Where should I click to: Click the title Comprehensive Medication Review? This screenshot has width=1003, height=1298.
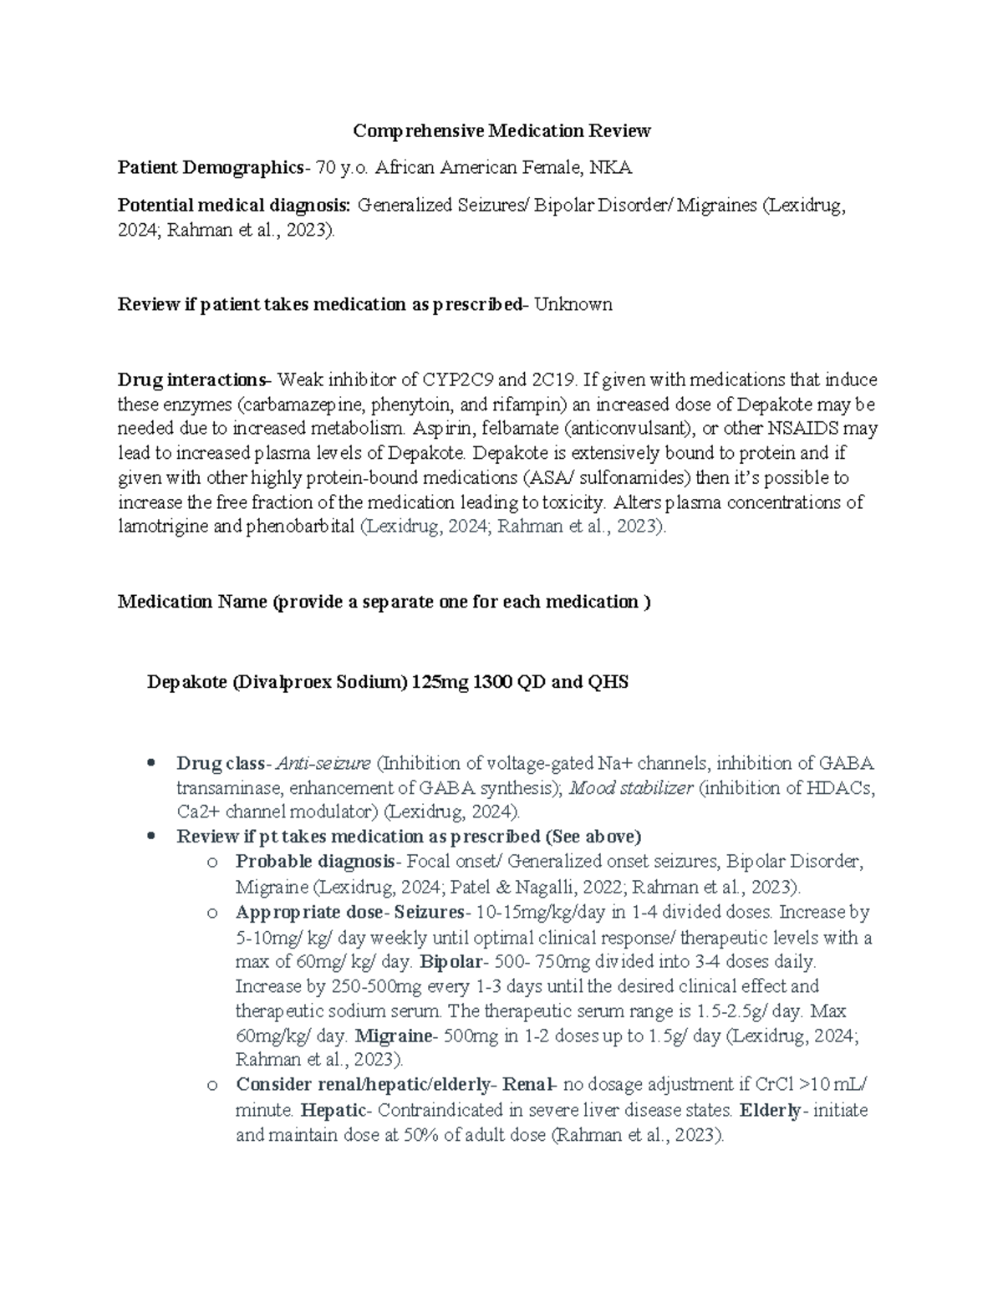coord(501,130)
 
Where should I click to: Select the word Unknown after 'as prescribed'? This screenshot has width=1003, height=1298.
coord(573,304)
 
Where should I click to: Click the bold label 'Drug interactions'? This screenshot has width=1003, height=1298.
coord(191,380)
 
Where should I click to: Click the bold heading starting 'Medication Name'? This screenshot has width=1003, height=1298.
coord(384,602)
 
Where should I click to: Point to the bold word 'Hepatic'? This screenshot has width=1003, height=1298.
coord(333,1110)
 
